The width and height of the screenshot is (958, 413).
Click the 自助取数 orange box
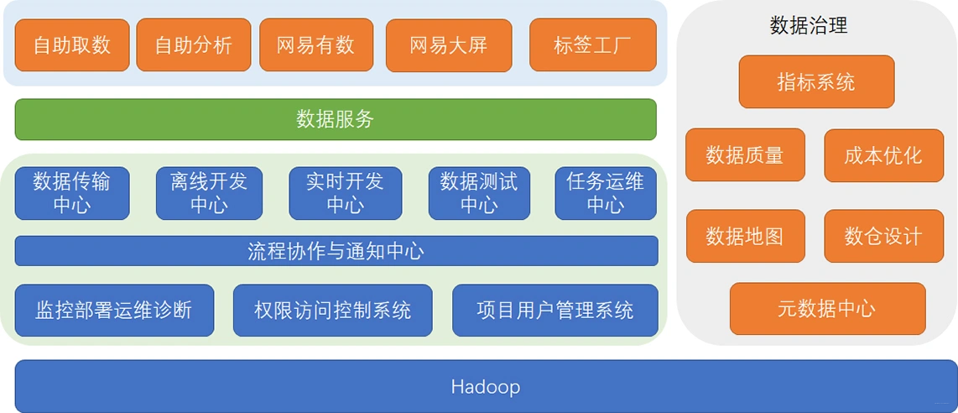pos(72,45)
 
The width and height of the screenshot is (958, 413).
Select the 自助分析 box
pos(193,45)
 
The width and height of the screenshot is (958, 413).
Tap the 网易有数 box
pos(315,45)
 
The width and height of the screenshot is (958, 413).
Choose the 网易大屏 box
pos(448,45)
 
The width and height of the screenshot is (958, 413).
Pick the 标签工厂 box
pos(593,45)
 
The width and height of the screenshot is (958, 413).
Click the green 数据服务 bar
pos(336,119)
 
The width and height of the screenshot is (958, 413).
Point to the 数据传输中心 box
pos(72,193)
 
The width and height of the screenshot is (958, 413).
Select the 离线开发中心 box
pos(209,193)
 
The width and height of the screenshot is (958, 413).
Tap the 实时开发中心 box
pos(345,193)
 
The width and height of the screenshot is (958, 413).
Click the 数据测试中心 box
pos(479,193)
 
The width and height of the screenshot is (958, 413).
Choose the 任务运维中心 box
pos(606,193)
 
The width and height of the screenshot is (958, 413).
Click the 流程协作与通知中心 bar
pos(336,251)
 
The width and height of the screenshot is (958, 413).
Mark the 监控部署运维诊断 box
pos(114,311)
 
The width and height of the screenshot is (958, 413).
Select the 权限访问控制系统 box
pos(332,311)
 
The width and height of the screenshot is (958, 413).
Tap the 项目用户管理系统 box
pos(555,311)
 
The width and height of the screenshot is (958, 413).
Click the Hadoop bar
pos(486,387)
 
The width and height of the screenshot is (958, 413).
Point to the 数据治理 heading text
pos(809,26)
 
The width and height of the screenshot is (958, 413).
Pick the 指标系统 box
pos(816,82)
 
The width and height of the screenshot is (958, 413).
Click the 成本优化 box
pos(883,155)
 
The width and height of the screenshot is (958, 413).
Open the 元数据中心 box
pos(827,309)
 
